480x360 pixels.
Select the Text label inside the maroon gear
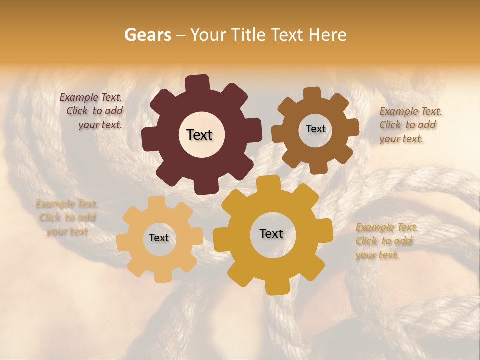(x=199, y=135)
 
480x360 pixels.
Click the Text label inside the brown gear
(x=315, y=129)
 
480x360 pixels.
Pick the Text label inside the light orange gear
(x=159, y=238)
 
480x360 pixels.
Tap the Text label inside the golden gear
(x=271, y=233)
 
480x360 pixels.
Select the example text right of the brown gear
(x=410, y=125)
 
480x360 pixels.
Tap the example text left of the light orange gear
(x=66, y=218)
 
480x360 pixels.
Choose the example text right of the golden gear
(x=386, y=241)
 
